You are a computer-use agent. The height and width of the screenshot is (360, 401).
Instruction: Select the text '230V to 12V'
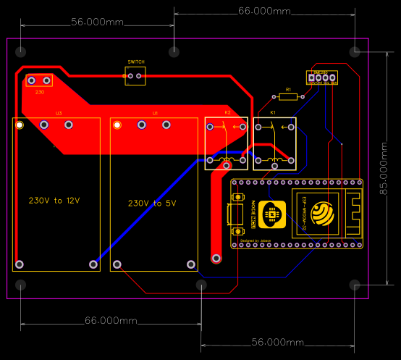[x=54, y=200]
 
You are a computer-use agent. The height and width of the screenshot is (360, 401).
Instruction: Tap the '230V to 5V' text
[x=152, y=204]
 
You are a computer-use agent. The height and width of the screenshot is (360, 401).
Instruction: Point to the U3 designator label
[x=59, y=114]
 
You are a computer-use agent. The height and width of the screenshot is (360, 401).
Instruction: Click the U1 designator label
[x=155, y=114]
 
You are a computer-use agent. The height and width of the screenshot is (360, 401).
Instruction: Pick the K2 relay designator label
[x=227, y=113]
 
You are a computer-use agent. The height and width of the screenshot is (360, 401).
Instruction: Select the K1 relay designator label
[x=273, y=113]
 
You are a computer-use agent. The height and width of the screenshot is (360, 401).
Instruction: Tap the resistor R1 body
[x=287, y=96]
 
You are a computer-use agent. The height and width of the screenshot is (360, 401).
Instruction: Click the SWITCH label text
[x=135, y=62]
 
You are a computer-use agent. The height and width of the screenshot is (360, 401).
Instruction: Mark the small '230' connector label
[x=40, y=92]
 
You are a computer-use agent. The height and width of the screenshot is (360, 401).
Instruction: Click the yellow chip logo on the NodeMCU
[x=272, y=214]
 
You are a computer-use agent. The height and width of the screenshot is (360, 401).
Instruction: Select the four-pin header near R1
[x=322, y=77]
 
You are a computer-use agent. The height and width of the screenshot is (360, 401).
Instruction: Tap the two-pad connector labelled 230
[x=39, y=80]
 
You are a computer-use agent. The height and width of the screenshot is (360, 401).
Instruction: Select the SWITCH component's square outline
[x=135, y=76]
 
